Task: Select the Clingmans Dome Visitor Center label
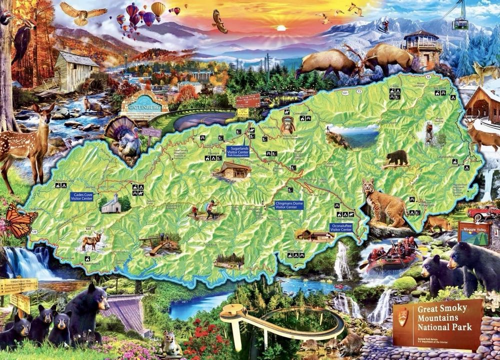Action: pos(289,205)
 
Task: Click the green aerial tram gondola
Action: pos(460,23)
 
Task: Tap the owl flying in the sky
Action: pos(83,13)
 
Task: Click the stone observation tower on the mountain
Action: pos(424,48)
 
